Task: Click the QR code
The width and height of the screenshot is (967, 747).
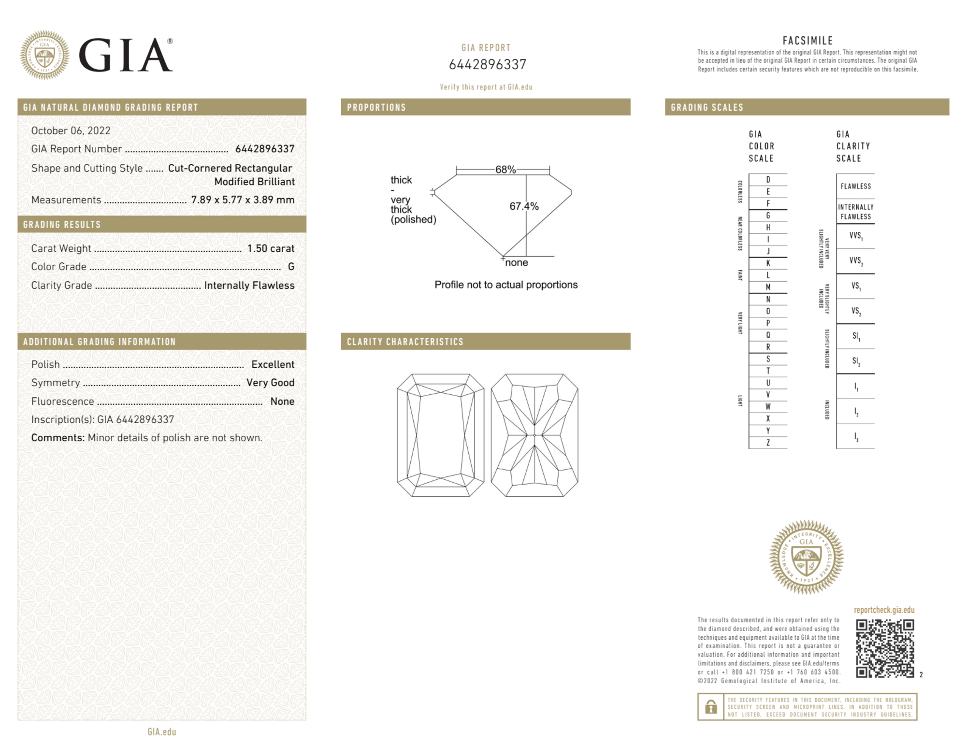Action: click(884, 648)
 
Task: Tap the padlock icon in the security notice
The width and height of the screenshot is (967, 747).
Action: click(710, 707)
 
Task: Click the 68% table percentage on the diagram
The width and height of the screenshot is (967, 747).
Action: click(505, 170)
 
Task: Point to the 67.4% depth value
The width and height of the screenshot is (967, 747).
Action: click(524, 206)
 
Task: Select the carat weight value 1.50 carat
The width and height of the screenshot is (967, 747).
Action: click(271, 248)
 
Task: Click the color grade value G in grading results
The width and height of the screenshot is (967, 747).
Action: click(291, 267)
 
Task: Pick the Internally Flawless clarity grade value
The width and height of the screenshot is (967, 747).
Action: click(249, 286)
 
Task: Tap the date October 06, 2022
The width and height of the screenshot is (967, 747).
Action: click(71, 131)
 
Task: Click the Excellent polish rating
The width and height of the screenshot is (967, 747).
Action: click(273, 364)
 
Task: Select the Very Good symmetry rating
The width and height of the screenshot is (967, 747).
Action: click(270, 383)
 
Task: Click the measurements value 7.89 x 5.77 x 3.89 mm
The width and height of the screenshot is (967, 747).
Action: click(243, 200)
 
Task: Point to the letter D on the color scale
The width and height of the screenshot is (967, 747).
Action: click(768, 180)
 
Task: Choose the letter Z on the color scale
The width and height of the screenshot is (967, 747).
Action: click(768, 443)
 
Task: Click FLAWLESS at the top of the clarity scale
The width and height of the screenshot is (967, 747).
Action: click(855, 187)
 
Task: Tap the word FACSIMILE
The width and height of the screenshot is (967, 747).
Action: click(808, 41)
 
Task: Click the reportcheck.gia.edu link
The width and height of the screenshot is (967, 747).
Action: click(884, 610)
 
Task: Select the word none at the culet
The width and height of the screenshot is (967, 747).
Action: click(516, 263)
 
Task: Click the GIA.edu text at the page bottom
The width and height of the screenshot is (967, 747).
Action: click(162, 732)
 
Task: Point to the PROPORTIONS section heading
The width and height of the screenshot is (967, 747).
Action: click(376, 107)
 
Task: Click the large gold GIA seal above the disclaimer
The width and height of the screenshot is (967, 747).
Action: click(806, 557)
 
